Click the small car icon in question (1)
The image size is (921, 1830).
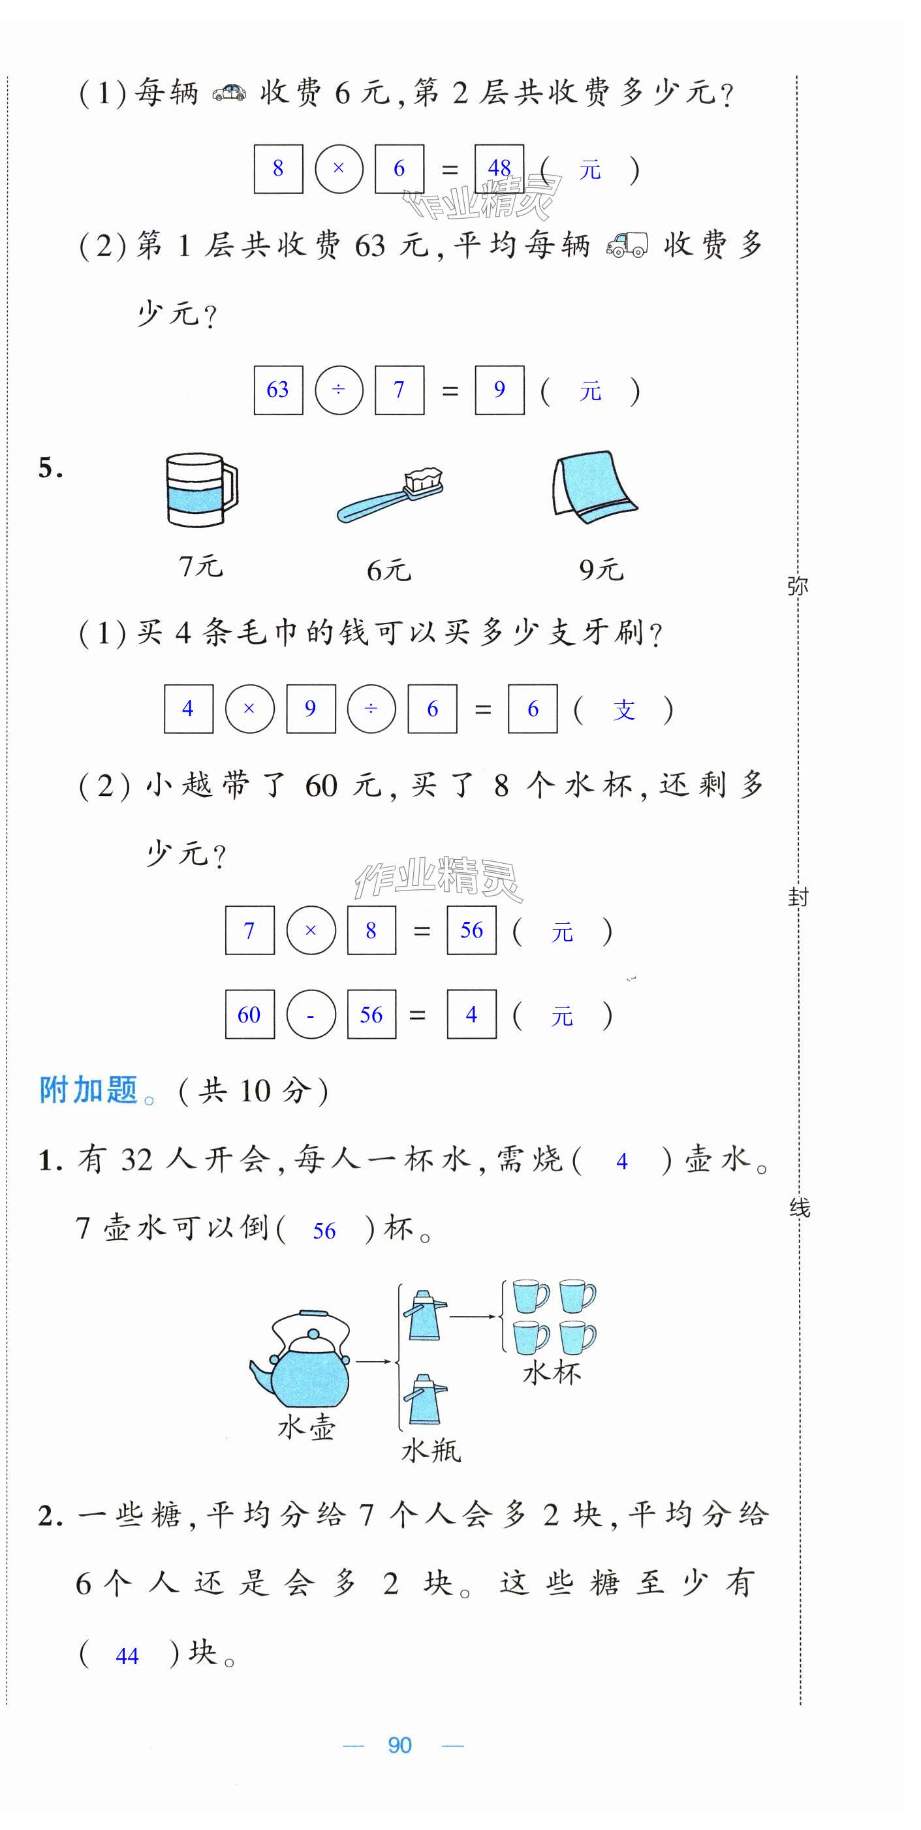pyautogui.click(x=229, y=93)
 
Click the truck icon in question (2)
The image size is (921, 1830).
pyautogui.click(x=627, y=245)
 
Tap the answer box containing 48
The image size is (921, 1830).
pyautogui.click(x=499, y=169)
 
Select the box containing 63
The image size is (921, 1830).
pyautogui.click(x=277, y=390)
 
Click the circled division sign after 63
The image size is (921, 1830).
pyautogui.click(x=339, y=390)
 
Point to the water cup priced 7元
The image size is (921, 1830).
pyautogui.click(x=200, y=490)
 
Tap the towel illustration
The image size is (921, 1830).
pyautogui.click(x=593, y=487)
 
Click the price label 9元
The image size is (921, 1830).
pyautogui.click(x=601, y=570)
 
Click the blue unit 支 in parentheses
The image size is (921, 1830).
pyautogui.click(x=623, y=710)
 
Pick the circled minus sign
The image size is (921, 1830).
pyautogui.click(x=310, y=1015)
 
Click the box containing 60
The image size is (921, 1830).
pyautogui.click(x=249, y=1015)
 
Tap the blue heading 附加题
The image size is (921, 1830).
pyautogui.click(x=88, y=1090)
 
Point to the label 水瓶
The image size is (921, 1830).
pyautogui.click(x=431, y=1450)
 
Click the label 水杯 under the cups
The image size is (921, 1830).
pyautogui.click(x=552, y=1372)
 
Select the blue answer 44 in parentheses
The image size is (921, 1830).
pyautogui.click(x=127, y=1656)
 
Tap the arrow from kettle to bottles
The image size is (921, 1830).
pyautogui.click(x=373, y=1361)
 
